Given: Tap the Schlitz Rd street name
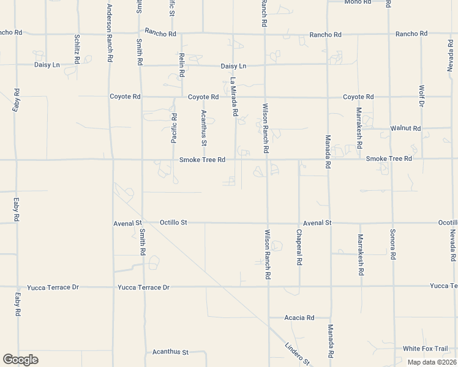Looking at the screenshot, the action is tap(77, 46).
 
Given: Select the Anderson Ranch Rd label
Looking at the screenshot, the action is tap(110, 32).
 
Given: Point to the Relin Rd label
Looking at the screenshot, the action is tap(182, 65).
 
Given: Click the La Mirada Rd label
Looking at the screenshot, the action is tap(233, 97).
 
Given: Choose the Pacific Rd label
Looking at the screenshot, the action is tap(174, 128).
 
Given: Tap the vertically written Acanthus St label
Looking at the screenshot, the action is tap(205, 127).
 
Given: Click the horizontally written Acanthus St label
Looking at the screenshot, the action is tap(170, 352).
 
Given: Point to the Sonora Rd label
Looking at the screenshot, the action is tap(392, 245).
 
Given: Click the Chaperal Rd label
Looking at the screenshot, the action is tap(299, 247).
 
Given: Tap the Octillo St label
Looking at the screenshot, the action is tap(173, 223).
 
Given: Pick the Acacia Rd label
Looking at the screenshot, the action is tap(299, 317).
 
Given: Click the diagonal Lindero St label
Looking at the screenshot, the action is tap(298, 354).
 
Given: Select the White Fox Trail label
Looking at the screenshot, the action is tap(425, 349).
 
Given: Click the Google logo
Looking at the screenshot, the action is tap(20, 360).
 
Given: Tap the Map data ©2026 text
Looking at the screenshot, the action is tap(432, 362).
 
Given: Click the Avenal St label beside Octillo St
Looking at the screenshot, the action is tap(127, 223).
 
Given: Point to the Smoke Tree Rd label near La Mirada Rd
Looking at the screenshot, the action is tap(203, 160).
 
